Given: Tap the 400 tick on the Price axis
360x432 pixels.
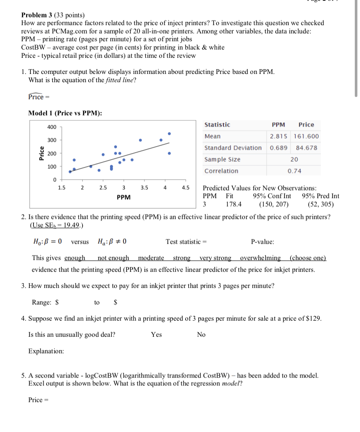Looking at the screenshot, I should pyautogui.click(x=52, y=127).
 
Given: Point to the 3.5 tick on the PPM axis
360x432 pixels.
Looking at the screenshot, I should pyautogui.click(x=144, y=188).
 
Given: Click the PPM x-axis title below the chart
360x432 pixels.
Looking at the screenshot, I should pyautogui.click(x=123, y=197).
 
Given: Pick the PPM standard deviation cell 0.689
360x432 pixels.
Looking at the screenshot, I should pyautogui.click(x=279, y=148).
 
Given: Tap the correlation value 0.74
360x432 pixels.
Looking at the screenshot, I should pyautogui.click(x=294, y=171).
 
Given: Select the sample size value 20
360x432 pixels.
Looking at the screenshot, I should pyautogui.click(x=294, y=159).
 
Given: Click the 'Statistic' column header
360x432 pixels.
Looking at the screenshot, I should pyautogui.click(x=217, y=125).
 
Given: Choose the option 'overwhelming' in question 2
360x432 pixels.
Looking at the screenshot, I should pyautogui.click(x=260, y=258).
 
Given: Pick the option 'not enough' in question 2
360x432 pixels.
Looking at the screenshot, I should pyautogui.click(x=112, y=258).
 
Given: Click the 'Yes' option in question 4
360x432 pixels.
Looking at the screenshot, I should pyautogui.click(x=156, y=335).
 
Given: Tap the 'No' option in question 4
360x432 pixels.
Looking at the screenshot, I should pyautogui.click(x=201, y=335).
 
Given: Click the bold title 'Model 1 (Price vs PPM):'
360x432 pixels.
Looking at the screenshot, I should pyautogui.click(x=65, y=113).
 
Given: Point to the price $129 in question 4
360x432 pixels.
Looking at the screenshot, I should pyautogui.click(x=313, y=318).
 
